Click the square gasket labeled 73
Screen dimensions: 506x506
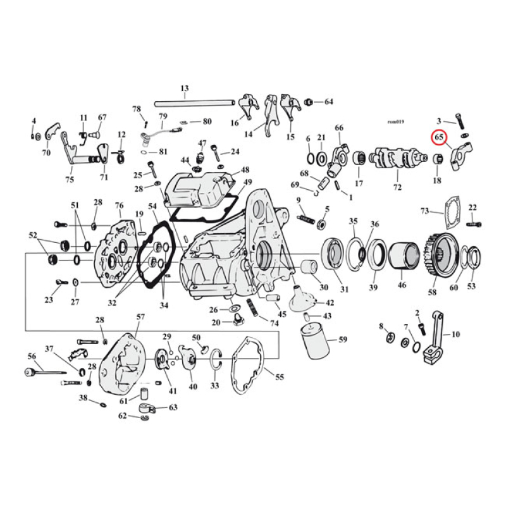pos(450,219)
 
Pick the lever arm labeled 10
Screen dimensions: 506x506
pos(433,341)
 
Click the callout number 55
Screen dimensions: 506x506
pos(279,376)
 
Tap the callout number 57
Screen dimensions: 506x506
pos(140,316)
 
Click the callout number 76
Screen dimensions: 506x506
pos(119,205)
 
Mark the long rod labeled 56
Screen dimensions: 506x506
pos(47,373)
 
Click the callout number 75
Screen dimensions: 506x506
pos(69,179)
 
